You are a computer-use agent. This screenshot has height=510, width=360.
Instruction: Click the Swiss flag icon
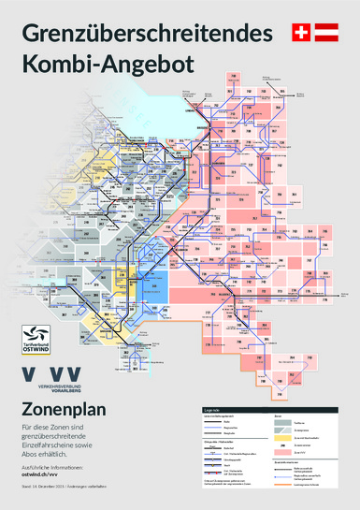pos(300,33)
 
